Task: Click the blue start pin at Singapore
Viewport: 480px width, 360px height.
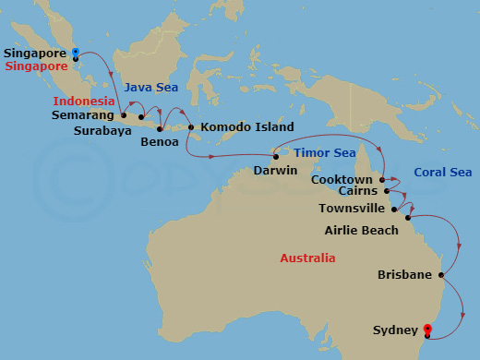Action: click(76, 53)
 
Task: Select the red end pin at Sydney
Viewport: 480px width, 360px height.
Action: click(427, 329)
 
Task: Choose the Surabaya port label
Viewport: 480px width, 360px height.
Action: click(102, 130)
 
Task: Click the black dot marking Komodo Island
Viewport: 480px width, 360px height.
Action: click(191, 127)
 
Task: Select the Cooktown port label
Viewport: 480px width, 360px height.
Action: click(342, 179)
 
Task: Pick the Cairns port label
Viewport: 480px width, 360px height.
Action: click(356, 192)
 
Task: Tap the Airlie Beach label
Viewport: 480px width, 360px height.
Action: click(362, 230)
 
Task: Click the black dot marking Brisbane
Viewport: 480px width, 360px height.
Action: click(442, 274)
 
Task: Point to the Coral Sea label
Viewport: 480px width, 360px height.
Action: click(443, 172)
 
